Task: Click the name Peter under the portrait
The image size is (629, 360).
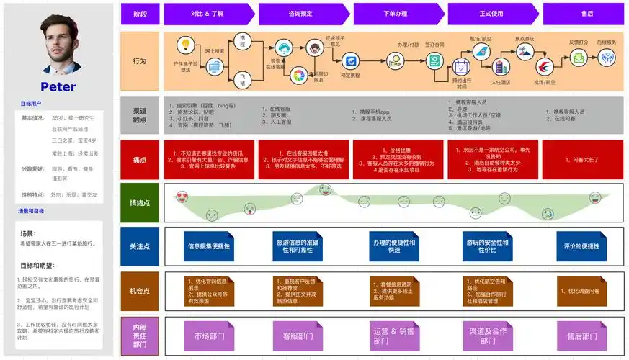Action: [58, 87]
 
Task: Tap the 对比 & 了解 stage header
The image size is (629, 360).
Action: [210, 14]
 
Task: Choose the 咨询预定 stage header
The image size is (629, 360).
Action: [305, 14]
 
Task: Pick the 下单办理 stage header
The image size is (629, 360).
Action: [399, 14]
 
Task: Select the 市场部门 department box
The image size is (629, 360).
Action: [209, 336]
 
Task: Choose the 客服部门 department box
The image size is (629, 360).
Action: [298, 336]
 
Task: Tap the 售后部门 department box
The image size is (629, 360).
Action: [580, 336]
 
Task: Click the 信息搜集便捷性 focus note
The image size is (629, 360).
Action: [209, 246]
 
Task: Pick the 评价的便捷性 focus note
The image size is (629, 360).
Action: [580, 246]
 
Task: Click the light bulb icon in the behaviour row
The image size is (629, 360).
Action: [185, 45]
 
